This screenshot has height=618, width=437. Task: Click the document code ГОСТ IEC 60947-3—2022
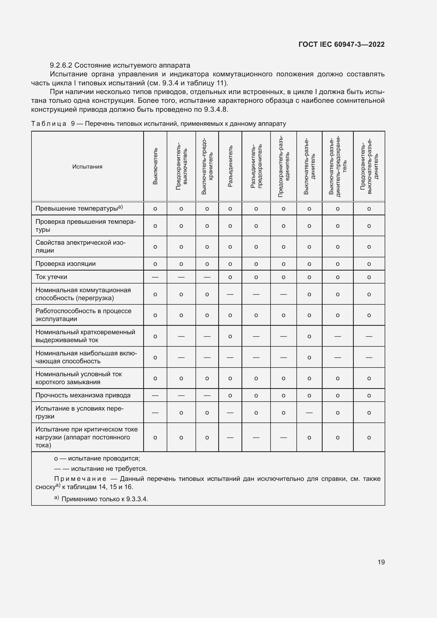pyautogui.click(x=341, y=44)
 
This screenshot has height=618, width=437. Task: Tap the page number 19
pyautogui.click(x=381, y=562)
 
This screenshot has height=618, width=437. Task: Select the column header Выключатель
pyautogui.click(x=155, y=166)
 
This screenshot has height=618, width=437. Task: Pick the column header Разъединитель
pyautogui.click(x=230, y=166)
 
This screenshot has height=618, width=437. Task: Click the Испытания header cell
pyautogui.click(x=87, y=167)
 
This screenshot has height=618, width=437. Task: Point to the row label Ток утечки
pyautogui.click(x=51, y=277)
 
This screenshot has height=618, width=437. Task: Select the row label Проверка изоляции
pyautogui.click(x=65, y=263)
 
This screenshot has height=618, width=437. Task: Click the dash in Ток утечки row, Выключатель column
pyautogui.click(x=155, y=277)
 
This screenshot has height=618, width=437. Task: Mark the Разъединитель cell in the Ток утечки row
pyautogui.click(x=230, y=277)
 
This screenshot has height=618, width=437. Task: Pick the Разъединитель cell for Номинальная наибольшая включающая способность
pyautogui.click(x=230, y=357)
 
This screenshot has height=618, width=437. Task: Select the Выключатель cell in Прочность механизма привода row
pyautogui.click(x=155, y=396)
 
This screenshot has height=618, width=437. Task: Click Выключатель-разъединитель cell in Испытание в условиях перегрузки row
pyautogui.click(x=309, y=413)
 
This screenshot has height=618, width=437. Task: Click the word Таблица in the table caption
pyautogui.click(x=48, y=124)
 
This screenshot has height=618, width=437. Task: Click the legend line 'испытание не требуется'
pyautogui.click(x=109, y=469)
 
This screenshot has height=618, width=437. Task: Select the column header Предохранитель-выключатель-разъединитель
pyautogui.click(x=369, y=166)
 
